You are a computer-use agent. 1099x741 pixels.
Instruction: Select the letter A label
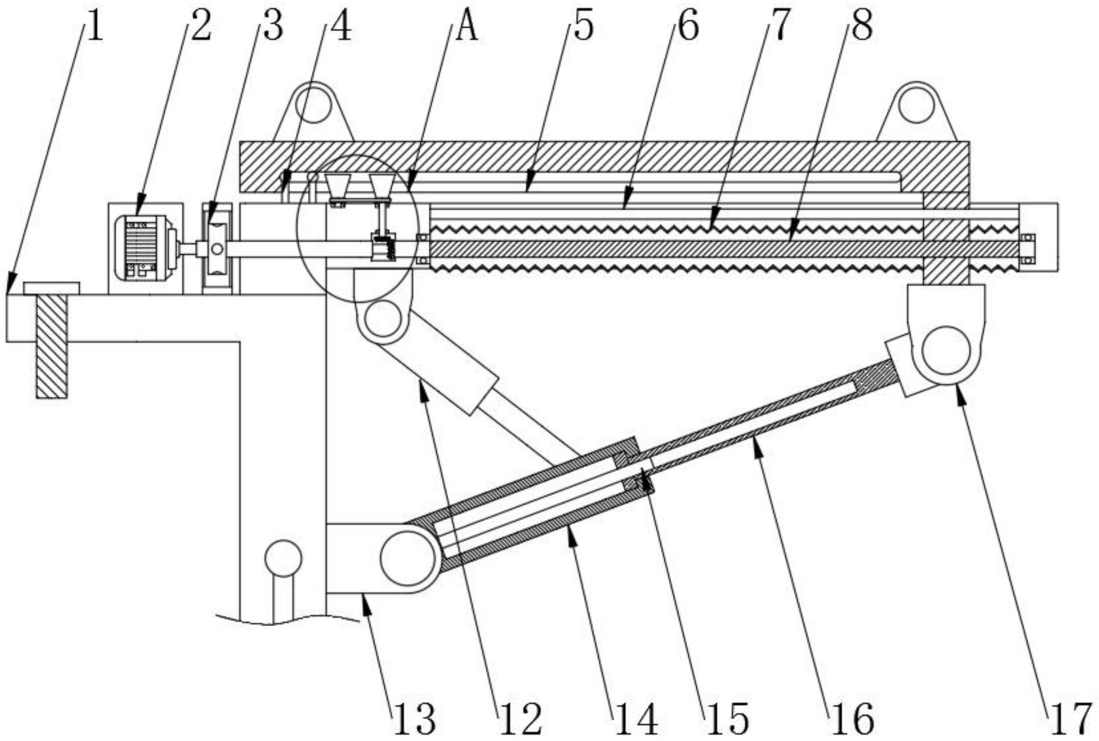[x=467, y=27]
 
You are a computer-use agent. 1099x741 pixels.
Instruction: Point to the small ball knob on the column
[x=283, y=558]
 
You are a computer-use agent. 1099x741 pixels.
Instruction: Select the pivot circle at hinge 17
[x=946, y=351]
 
